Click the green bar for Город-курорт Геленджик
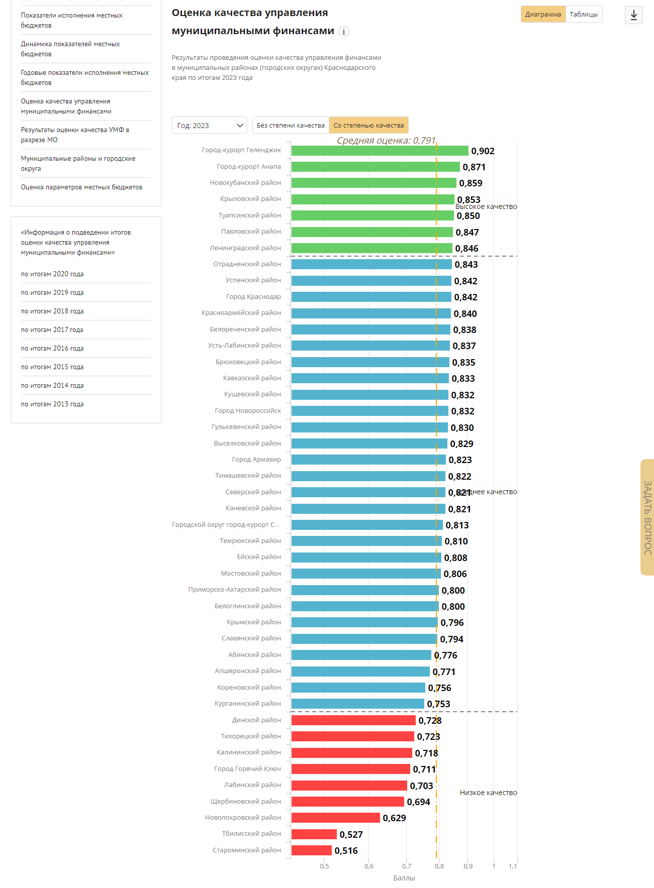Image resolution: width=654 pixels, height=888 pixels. [x=380, y=151]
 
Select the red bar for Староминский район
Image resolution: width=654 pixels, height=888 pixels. [x=311, y=850]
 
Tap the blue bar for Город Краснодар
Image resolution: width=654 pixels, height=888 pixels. [x=371, y=297]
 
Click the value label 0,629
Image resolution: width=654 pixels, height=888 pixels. [x=394, y=818]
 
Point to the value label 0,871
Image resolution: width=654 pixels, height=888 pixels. [x=474, y=167]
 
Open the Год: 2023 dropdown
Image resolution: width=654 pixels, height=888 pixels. [x=209, y=126]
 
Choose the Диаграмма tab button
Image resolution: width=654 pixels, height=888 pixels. [x=543, y=15]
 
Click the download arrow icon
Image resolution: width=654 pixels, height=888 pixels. [x=633, y=15]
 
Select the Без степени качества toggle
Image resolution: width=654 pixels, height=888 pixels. [x=291, y=126]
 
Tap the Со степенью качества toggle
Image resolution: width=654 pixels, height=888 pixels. [x=368, y=126]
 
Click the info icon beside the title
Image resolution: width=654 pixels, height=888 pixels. [x=344, y=32]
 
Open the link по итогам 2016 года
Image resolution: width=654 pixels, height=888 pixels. [x=52, y=349]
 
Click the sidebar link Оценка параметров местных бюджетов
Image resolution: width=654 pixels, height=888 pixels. [x=81, y=187]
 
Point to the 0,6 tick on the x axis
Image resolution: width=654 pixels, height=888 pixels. [x=369, y=866]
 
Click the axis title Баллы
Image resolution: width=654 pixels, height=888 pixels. [x=404, y=878]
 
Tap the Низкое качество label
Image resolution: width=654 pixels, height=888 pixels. [x=488, y=793]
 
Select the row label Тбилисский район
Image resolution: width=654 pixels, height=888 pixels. [x=251, y=834]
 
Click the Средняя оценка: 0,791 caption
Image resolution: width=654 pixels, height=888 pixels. [x=386, y=141]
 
